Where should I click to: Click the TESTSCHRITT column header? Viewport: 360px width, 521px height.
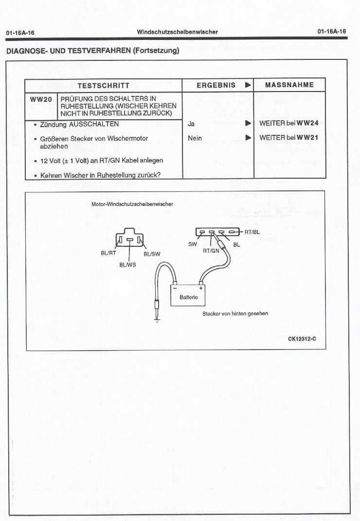tap(103, 85)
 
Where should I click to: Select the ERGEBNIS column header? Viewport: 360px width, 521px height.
tap(216, 85)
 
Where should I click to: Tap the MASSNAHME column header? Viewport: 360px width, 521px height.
tap(289, 85)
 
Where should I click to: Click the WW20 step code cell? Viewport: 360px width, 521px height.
tap(41, 99)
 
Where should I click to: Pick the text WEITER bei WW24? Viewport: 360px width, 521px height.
tap(288, 124)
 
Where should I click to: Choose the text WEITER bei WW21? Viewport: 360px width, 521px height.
tap(288, 138)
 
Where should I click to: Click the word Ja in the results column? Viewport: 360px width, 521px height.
tap(191, 124)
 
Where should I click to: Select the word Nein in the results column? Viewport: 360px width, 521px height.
tap(195, 138)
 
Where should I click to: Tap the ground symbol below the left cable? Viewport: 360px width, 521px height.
tap(157, 320)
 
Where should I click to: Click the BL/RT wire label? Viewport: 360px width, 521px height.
tap(108, 253)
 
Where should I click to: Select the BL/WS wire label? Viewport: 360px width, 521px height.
tap(127, 265)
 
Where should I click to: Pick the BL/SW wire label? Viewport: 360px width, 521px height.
tap(152, 254)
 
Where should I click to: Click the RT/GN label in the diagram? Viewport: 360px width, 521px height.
tap(211, 251)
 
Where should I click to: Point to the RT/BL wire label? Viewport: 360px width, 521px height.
tap(252, 232)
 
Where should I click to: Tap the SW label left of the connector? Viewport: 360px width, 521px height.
tap(192, 244)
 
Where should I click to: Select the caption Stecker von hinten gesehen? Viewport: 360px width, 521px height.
tap(235, 314)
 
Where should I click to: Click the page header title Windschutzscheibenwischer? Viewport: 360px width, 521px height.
tap(177, 32)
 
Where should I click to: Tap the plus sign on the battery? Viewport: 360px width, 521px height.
tap(200, 288)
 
